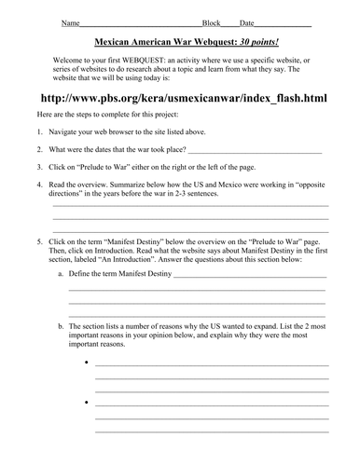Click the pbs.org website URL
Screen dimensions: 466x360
coord(184,98)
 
